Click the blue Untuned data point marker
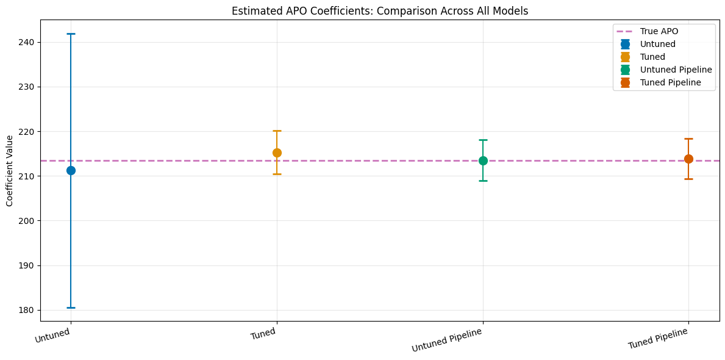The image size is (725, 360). pyautogui.click(x=71, y=170)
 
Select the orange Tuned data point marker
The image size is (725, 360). pyautogui.click(x=277, y=153)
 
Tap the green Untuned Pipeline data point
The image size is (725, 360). pyautogui.click(x=483, y=160)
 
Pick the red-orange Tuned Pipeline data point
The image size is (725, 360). pyautogui.click(x=688, y=159)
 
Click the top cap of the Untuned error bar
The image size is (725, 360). pyautogui.click(x=71, y=34)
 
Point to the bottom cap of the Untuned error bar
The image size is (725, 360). pyautogui.click(x=71, y=308)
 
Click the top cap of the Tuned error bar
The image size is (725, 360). pyautogui.click(x=277, y=131)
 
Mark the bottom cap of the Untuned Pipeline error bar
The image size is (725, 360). pyautogui.click(x=483, y=181)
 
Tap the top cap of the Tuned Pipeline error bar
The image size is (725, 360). pyautogui.click(x=688, y=139)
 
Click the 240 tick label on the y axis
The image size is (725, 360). pyautogui.click(x=27, y=42)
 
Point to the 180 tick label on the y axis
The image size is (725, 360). pyautogui.click(x=27, y=310)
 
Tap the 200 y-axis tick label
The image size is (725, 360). pyautogui.click(x=27, y=221)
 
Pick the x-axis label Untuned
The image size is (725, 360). pyautogui.click(x=52, y=335)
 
